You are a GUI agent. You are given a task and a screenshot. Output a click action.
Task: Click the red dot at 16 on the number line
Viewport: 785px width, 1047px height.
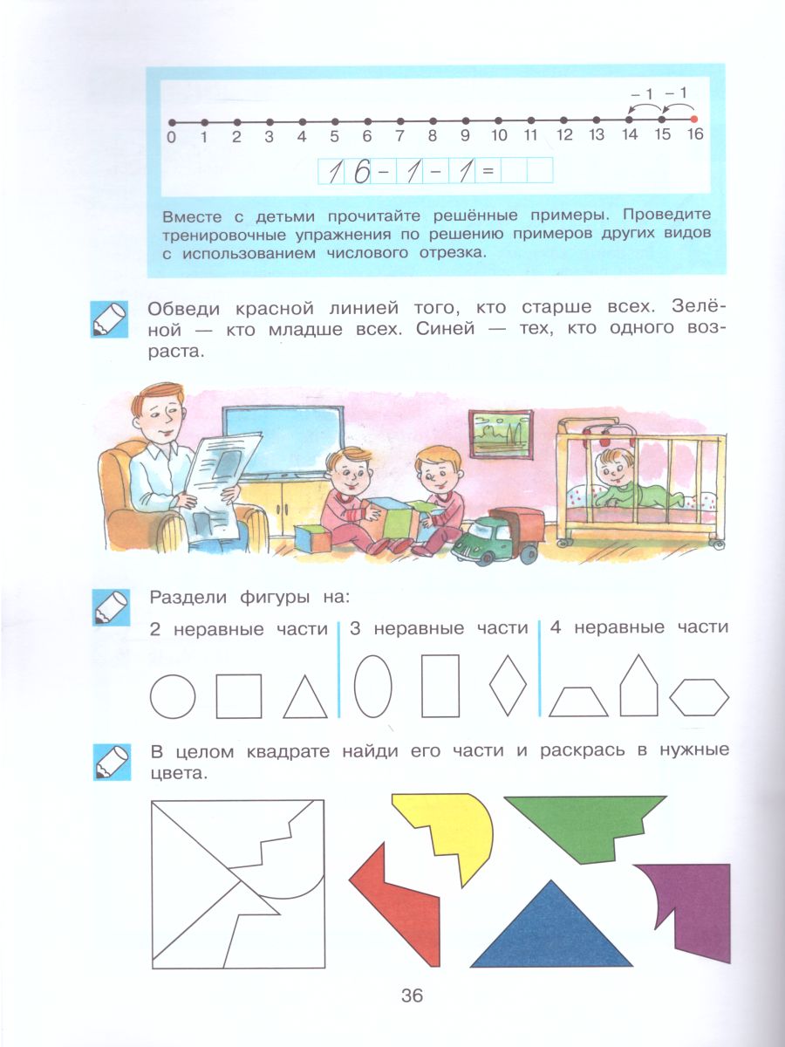pyautogui.click(x=694, y=119)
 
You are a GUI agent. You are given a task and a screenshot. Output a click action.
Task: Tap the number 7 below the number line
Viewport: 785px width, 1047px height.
pyautogui.click(x=399, y=136)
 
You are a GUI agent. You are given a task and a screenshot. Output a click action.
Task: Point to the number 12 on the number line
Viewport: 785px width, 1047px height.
pyautogui.click(x=563, y=135)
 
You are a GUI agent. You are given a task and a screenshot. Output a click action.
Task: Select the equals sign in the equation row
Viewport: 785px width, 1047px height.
pyautogui.click(x=487, y=171)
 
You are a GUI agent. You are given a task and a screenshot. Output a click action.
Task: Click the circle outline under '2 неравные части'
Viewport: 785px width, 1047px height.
pyautogui.click(x=173, y=696)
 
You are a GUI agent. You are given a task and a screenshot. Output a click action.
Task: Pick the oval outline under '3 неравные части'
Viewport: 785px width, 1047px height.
pyautogui.click(x=372, y=686)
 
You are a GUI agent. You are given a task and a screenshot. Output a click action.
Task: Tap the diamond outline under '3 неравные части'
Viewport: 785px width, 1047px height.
pyautogui.click(x=509, y=685)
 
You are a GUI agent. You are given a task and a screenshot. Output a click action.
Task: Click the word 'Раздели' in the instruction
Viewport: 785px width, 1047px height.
pyautogui.click(x=188, y=598)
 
